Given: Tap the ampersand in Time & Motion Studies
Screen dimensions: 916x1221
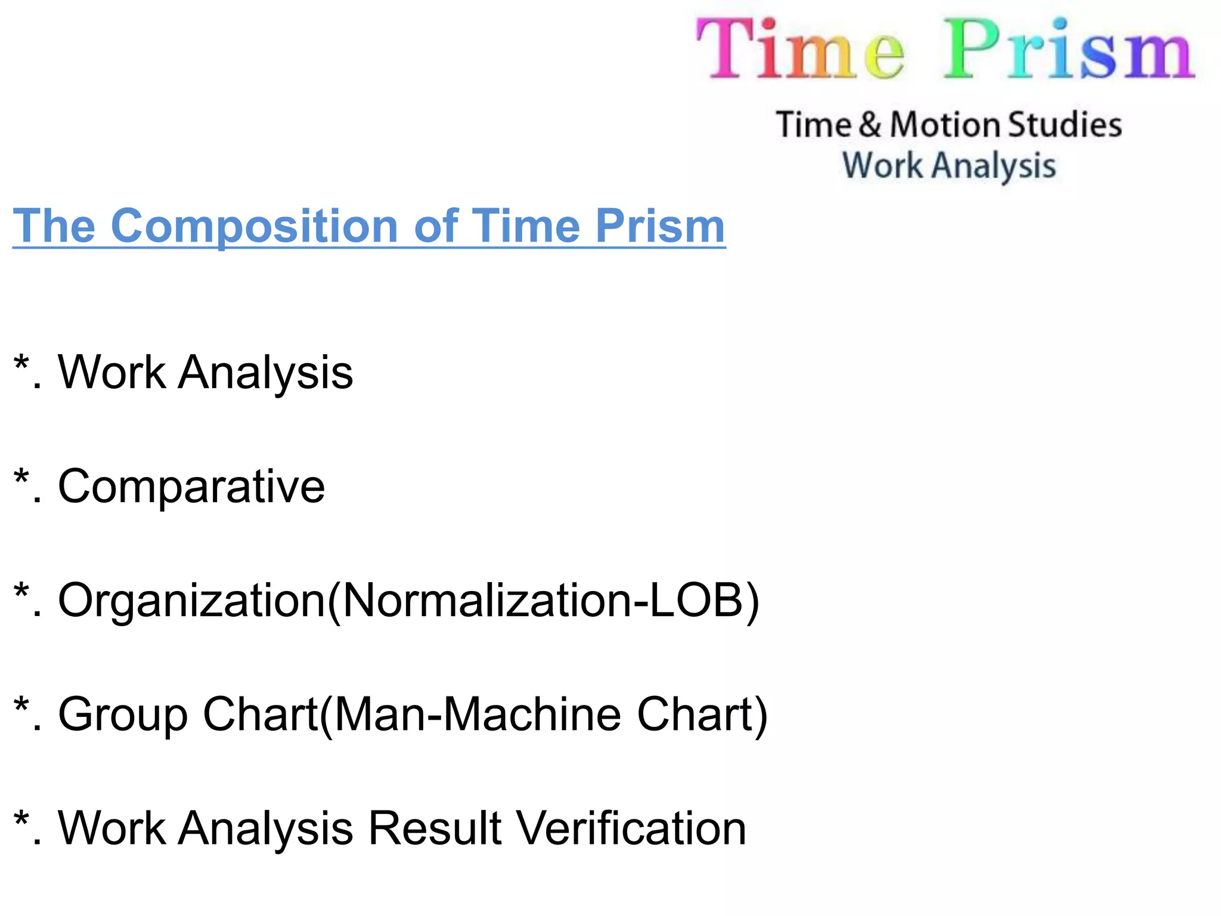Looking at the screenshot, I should [870, 125].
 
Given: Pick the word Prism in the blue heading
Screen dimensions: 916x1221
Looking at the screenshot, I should [661, 226].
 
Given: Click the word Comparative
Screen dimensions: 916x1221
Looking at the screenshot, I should [191, 487].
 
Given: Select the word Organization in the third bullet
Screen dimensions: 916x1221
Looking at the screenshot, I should [191, 601].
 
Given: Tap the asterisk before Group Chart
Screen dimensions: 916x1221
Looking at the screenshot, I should [21, 706].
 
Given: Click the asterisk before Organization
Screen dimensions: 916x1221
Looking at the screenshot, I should [21, 592].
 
